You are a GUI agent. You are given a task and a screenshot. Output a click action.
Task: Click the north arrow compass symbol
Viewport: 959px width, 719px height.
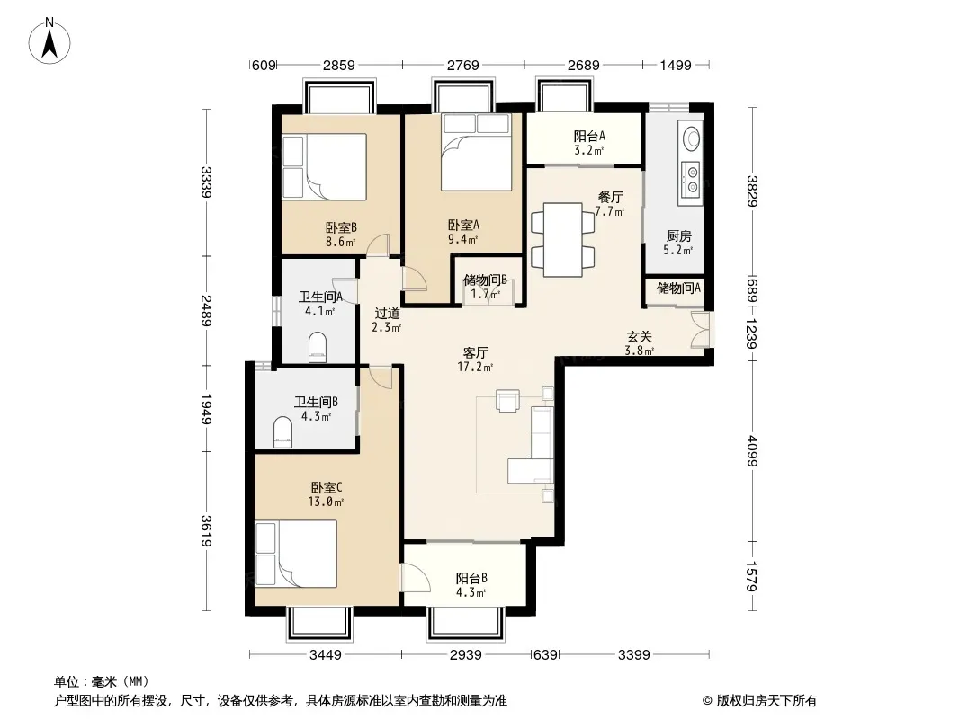click(x=49, y=41)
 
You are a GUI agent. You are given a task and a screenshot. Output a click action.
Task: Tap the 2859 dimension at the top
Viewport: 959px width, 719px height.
click(x=339, y=65)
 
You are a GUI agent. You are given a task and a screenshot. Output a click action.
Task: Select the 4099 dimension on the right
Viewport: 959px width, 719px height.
click(x=752, y=451)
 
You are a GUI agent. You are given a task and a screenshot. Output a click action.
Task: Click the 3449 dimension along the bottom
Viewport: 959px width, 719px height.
click(x=326, y=655)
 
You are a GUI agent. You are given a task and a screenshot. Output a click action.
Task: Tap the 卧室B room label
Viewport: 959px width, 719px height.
click(x=341, y=228)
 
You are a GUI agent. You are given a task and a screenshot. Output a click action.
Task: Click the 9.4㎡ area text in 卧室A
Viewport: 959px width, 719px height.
click(x=462, y=239)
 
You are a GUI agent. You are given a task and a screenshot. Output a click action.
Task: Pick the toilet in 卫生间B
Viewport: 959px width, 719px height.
click(x=282, y=431)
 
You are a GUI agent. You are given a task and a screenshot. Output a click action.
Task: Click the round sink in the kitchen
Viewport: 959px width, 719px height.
click(x=692, y=138)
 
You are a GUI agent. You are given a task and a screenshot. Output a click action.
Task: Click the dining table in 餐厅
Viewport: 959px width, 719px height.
click(x=562, y=239)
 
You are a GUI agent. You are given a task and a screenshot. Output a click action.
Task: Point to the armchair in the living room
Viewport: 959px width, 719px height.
click(x=507, y=401)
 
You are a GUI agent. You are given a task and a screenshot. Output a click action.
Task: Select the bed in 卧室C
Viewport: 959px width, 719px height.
click(x=296, y=554)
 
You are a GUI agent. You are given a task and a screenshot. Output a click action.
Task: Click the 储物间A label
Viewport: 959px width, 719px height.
click(x=678, y=288)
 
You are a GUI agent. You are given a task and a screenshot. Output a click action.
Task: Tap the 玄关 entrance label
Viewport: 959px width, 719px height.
click(x=639, y=337)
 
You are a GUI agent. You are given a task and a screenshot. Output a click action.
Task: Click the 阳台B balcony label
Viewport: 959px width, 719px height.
click(x=471, y=578)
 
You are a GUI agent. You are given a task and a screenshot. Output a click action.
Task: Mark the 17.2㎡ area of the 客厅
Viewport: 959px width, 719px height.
click(x=475, y=367)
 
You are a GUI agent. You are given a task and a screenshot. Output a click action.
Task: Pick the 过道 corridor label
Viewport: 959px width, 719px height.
click(x=387, y=314)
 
